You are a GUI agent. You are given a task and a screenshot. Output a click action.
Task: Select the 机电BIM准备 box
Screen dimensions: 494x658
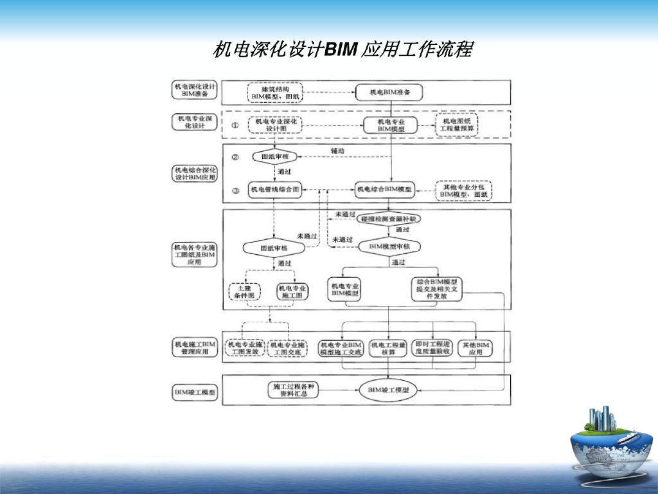pyautogui.click(x=391, y=93)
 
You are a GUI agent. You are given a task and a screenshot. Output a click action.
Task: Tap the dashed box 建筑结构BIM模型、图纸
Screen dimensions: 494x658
pyautogui.click(x=274, y=93)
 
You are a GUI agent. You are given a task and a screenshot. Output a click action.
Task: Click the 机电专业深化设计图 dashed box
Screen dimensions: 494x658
pyautogui.click(x=275, y=125)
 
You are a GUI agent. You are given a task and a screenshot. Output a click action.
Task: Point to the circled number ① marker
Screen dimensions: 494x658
pyautogui.click(x=235, y=125)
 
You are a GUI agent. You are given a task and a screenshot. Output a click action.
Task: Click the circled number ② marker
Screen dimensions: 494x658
pyautogui.click(x=235, y=157)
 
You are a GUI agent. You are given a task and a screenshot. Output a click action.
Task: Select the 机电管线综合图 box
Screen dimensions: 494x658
pyautogui.click(x=275, y=190)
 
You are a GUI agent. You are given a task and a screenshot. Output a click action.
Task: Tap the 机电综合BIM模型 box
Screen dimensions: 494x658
pyautogui.click(x=385, y=189)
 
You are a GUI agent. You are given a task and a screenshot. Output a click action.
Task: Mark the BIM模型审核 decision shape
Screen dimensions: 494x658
pyautogui.click(x=390, y=246)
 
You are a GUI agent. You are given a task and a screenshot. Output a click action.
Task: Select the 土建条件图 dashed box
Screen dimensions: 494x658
pyautogui.click(x=245, y=291)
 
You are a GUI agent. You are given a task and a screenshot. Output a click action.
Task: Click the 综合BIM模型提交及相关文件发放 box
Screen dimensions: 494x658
pyautogui.click(x=437, y=289)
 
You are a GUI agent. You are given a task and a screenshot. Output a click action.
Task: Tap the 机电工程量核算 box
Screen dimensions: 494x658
pyautogui.click(x=388, y=349)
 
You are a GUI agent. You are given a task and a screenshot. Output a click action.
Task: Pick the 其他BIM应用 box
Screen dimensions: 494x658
pyautogui.click(x=476, y=349)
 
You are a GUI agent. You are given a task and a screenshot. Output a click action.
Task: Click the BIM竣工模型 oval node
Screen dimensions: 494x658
pyautogui.click(x=388, y=390)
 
